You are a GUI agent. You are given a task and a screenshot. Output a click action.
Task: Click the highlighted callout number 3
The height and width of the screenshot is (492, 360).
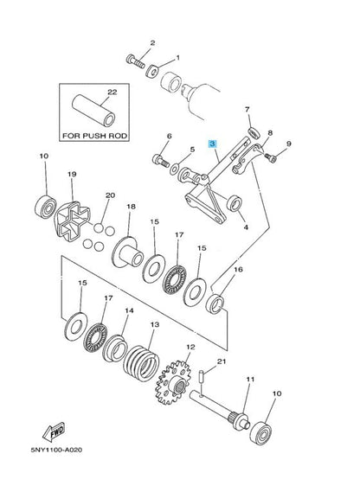click(x=213, y=144)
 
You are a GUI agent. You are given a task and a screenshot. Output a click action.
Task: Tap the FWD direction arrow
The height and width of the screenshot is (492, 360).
click(x=54, y=431)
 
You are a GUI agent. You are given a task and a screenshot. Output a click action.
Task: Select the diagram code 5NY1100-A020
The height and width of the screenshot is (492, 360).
click(x=56, y=450)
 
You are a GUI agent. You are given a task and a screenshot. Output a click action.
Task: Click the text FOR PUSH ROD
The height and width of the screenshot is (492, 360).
click(x=94, y=136)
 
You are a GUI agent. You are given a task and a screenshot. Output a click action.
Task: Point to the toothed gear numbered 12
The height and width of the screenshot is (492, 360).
click(x=173, y=382)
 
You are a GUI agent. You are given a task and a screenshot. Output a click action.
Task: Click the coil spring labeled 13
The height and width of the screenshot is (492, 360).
click(x=141, y=363)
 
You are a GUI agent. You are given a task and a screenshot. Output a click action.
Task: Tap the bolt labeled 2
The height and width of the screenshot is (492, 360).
click(x=135, y=61)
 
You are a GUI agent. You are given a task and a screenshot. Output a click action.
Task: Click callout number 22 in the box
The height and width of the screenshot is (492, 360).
click(x=112, y=93)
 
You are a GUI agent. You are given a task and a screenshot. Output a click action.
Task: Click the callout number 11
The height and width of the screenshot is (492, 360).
click(x=250, y=380)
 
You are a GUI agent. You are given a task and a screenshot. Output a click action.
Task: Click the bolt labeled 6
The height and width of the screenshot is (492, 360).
click(x=160, y=160)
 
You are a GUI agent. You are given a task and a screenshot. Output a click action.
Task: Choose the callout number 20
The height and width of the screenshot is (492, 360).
click(x=110, y=195)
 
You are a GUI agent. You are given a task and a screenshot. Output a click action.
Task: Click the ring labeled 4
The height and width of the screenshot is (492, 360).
click(x=235, y=203)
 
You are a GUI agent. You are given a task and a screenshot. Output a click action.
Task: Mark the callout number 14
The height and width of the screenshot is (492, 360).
click(x=129, y=310)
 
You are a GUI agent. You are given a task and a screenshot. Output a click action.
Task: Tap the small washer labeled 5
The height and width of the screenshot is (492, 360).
click(x=174, y=169)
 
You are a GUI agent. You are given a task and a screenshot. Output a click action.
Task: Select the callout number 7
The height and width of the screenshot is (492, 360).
click(x=247, y=110)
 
